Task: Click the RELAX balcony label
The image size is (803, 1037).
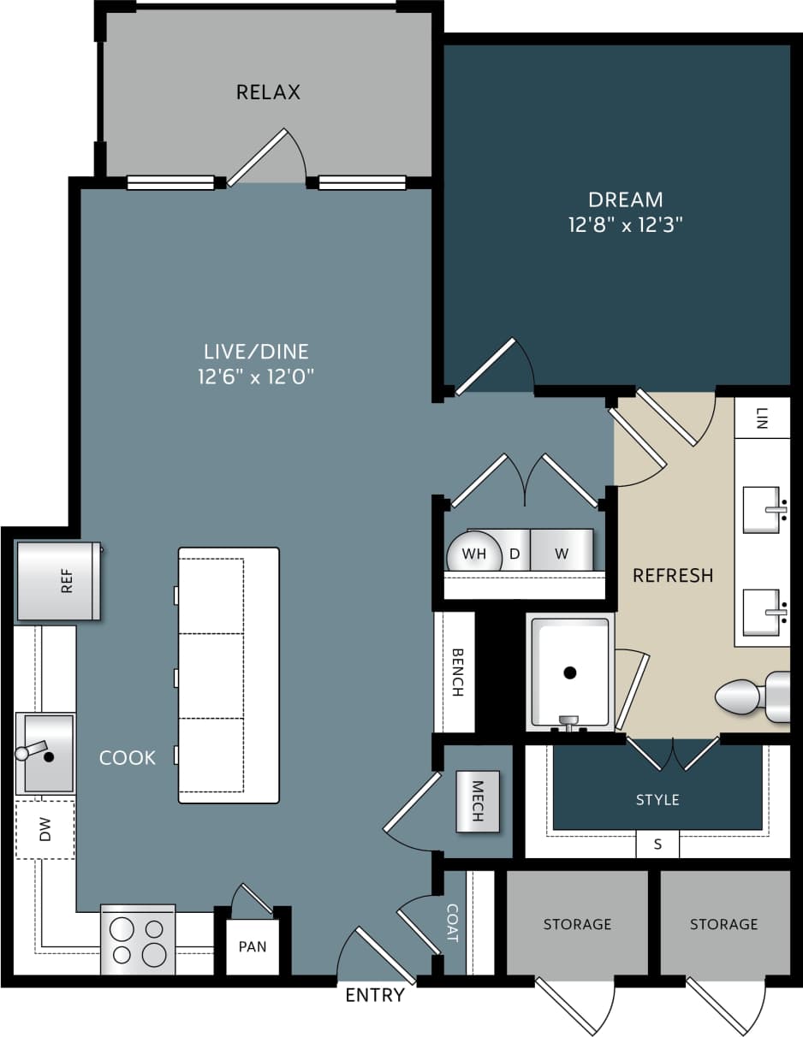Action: click(268, 92)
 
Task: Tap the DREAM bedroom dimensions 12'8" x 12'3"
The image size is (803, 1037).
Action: click(625, 225)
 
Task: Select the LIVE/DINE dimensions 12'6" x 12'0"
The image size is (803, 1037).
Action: click(256, 376)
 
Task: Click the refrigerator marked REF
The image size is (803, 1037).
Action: click(58, 581)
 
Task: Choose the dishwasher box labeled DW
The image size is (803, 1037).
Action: click(45, 829)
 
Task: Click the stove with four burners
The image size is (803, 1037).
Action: click(138, 940)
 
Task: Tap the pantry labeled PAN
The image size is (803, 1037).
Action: click(253, 946)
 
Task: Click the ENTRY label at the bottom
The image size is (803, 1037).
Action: click(374, 995)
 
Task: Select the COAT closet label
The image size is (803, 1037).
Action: click(453, 923)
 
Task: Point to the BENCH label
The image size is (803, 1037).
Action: click(457, 672)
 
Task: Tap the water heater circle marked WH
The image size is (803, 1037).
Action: click(473, 554)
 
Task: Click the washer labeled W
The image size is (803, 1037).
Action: click(562, 554)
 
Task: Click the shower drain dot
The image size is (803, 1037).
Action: click(570, 673)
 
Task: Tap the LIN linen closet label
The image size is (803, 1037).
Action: click(762, 418)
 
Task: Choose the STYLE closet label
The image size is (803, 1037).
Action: click(657, 800)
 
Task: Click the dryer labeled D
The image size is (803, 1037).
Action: click(515, 554)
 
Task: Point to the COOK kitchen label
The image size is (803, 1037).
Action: click(128, 757)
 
